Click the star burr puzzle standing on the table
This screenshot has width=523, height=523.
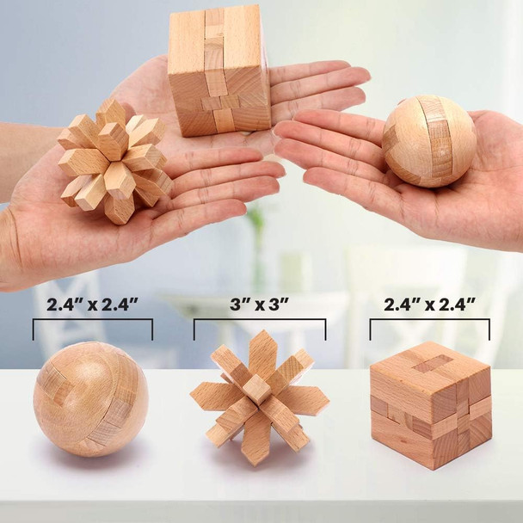click(x=259, y=397)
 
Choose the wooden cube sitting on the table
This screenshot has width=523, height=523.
click(x=430, y=404)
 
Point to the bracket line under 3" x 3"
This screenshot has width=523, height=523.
click(x=259, y=321)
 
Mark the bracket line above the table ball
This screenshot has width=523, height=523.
click(x=92, y=321)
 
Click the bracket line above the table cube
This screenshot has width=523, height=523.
click(x=429, y=321)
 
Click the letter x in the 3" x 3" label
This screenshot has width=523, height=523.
click(x=259, y=305)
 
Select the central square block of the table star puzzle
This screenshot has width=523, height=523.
click(x=257, y=389)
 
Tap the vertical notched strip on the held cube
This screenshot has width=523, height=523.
click(x=214, y=65)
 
